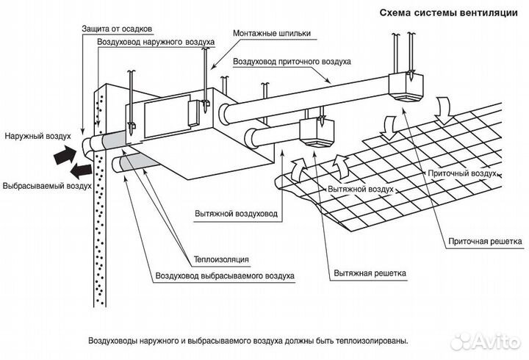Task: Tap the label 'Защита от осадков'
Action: coord(115,28)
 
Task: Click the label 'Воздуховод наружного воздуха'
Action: coord(156,43)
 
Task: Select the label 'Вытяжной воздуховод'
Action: coord(237,214)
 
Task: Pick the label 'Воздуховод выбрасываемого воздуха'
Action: coord(225,276)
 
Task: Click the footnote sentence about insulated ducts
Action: coord(246,341)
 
